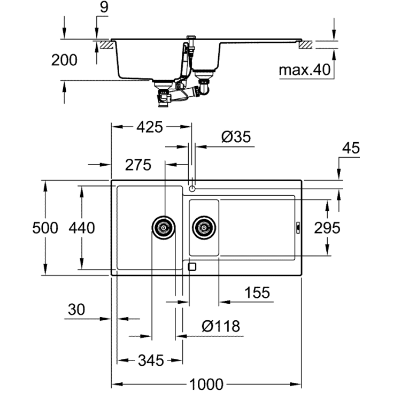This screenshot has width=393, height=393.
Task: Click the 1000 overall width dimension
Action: point(206,384)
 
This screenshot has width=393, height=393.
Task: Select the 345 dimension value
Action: point(150,360)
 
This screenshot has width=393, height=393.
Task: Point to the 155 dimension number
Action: point(257,292)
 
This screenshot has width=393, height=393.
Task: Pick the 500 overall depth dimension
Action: point(45,228)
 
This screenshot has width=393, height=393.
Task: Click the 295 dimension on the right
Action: point(327,228)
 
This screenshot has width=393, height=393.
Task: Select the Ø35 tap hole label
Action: point(235,137)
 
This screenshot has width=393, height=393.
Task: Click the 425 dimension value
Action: point(149,127)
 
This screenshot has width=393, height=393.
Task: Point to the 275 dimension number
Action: point(138,165)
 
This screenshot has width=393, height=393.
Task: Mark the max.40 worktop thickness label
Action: point(305,70)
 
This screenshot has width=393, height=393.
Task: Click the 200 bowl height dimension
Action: point(64,60)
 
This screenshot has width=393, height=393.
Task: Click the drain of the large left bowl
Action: point(163,227)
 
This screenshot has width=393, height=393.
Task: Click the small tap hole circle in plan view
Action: point(192,188)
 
